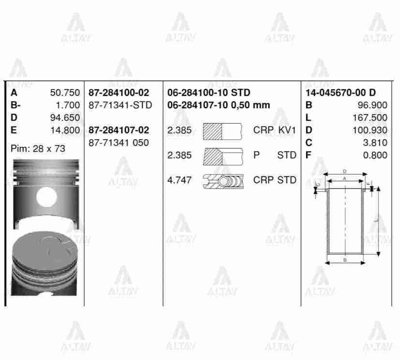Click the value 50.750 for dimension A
pyautogui.click(x=65, y=93)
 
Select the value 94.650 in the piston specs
pyautogui.click(x=65, y=117)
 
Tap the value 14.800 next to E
pyautogui.click(x=65, y=130)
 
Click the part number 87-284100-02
pyautogui.click(x=119, y=93)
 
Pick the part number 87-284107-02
pyautogui.click(x=119, y=130)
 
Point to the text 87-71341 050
pyautogui.click(x=119, y=143)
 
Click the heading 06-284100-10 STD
pyautogui.click(x=208, y=93)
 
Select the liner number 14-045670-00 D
pyautogui.click(x=341, y=93)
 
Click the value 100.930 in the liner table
pyautogui.click(x=370, y=130)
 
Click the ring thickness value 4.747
pyautogui.click(x=179, y=180)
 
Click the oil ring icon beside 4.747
pyautogui.click(x=222, y=181)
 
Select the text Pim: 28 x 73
pyautogui.click(x=38, y=149)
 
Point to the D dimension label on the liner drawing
pyautogui.click(x=344, y=171)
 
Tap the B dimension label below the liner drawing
pyautogui.click(x=344, y=260)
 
